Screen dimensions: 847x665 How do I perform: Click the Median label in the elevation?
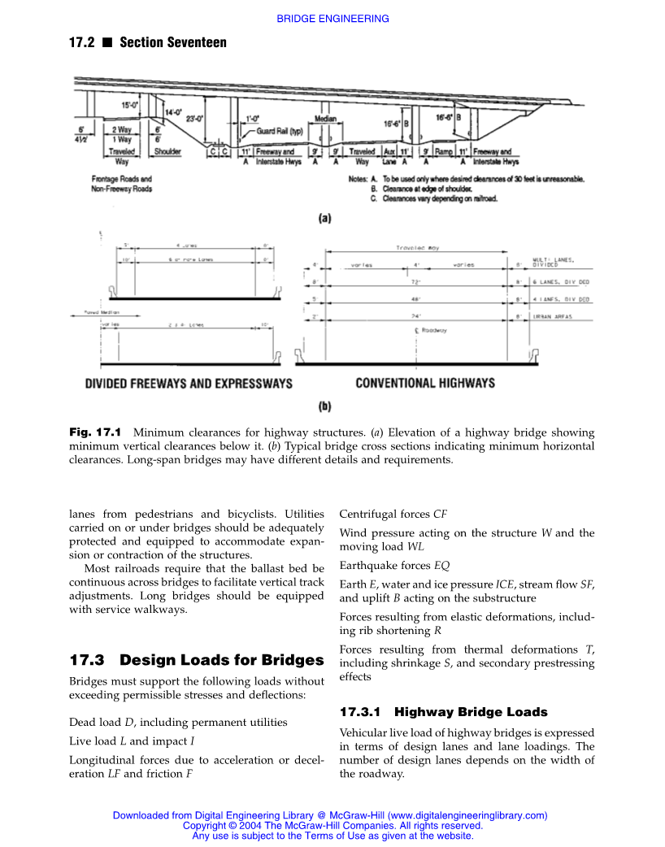pos(325,119)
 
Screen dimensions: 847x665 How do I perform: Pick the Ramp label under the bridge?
pos(443,152)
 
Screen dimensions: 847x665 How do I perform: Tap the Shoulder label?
pos(167,152)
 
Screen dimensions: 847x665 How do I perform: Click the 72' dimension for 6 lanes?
pos(415,281)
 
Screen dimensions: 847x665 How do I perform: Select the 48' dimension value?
pos(415,299)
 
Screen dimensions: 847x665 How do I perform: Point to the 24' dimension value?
pos(415,316)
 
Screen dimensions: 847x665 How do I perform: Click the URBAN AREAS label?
pos(552,316)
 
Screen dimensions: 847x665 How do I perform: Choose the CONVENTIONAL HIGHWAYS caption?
pos(425,383)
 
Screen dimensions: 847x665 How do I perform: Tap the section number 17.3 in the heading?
pos(89,659)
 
